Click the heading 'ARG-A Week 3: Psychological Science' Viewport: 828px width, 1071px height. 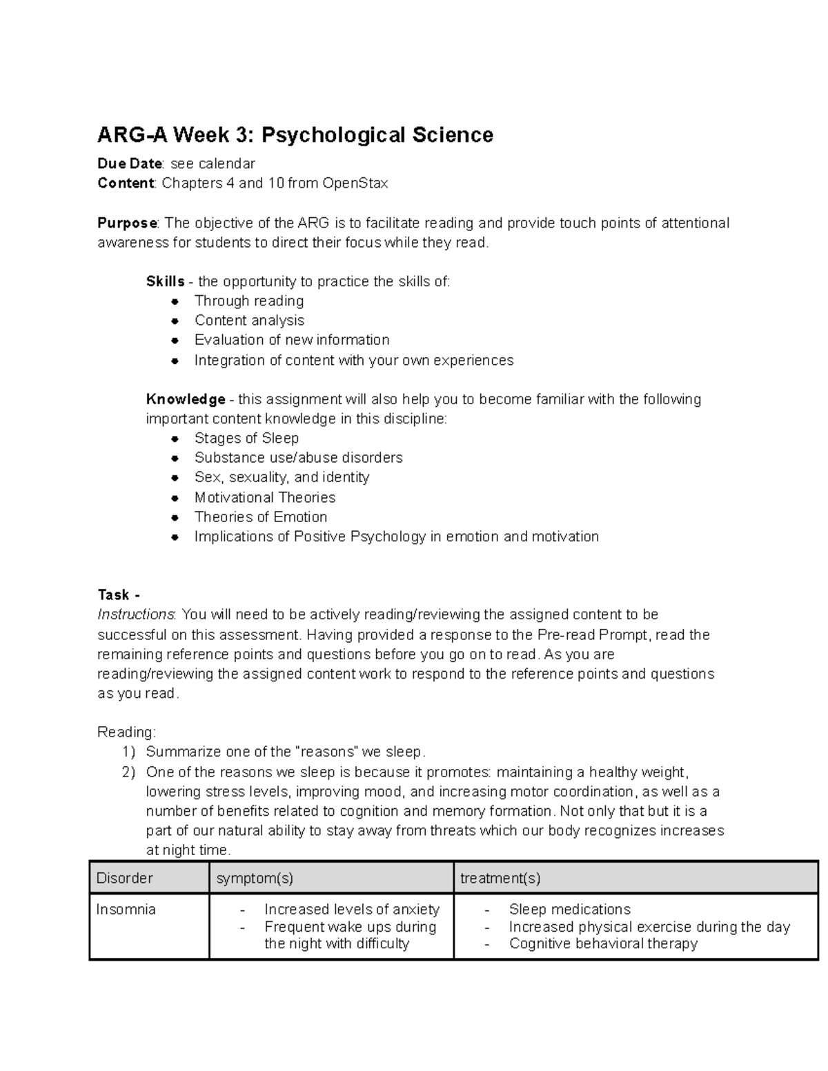point(295,134)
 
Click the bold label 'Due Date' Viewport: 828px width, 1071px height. point(130,163)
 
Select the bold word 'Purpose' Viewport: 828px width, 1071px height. point(128,223)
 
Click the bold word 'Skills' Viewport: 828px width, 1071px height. point(165,281)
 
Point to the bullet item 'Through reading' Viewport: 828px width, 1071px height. point(249,301)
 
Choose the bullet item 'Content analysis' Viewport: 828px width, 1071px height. point(249,320)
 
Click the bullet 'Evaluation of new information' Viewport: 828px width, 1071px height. point(292,340)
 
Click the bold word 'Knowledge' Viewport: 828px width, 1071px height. point(186,399)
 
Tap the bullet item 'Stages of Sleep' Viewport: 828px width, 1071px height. point(246,438)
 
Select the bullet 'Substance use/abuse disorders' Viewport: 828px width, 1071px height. point(298,458)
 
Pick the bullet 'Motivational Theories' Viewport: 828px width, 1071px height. point(265,497)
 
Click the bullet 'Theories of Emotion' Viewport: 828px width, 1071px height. point(261,517)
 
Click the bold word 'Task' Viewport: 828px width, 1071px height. point(113,594)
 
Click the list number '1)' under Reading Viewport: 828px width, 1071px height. point(129,752)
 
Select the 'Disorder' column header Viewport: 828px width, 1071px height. point(125,878)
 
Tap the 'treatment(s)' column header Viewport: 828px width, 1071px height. point(500,878)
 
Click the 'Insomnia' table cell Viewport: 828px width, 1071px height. point(126,910)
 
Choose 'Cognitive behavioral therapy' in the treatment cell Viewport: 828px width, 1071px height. point(603,943)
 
